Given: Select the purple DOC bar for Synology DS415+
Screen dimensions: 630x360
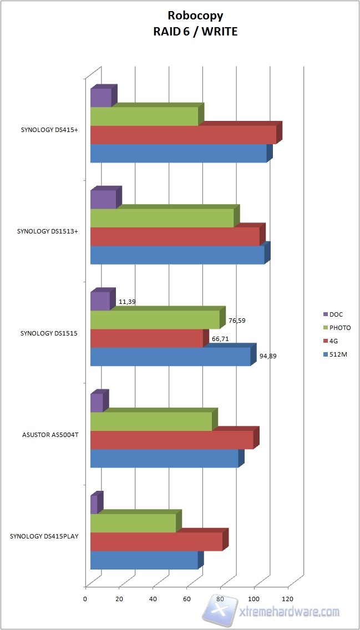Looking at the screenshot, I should [101, 98].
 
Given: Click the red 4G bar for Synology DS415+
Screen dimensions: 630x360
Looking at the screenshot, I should [183, 135].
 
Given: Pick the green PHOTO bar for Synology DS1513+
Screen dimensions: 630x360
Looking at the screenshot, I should [162, 218].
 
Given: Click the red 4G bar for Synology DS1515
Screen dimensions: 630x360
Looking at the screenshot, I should [147, 338].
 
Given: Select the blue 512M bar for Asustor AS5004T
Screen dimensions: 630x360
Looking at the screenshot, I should [164, 459].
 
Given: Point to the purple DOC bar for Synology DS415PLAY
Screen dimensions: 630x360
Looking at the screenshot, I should [94, 505].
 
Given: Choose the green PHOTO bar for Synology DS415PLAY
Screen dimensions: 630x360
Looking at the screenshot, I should [133, 524].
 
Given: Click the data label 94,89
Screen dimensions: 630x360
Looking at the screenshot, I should [268, 356].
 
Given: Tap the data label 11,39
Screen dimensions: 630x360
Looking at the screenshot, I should [127, 302].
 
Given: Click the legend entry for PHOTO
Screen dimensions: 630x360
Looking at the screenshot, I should [340, 328].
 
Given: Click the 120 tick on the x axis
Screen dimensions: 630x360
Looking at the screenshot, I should [287, 599].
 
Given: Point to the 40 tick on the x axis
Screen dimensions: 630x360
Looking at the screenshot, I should [153, 599].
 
